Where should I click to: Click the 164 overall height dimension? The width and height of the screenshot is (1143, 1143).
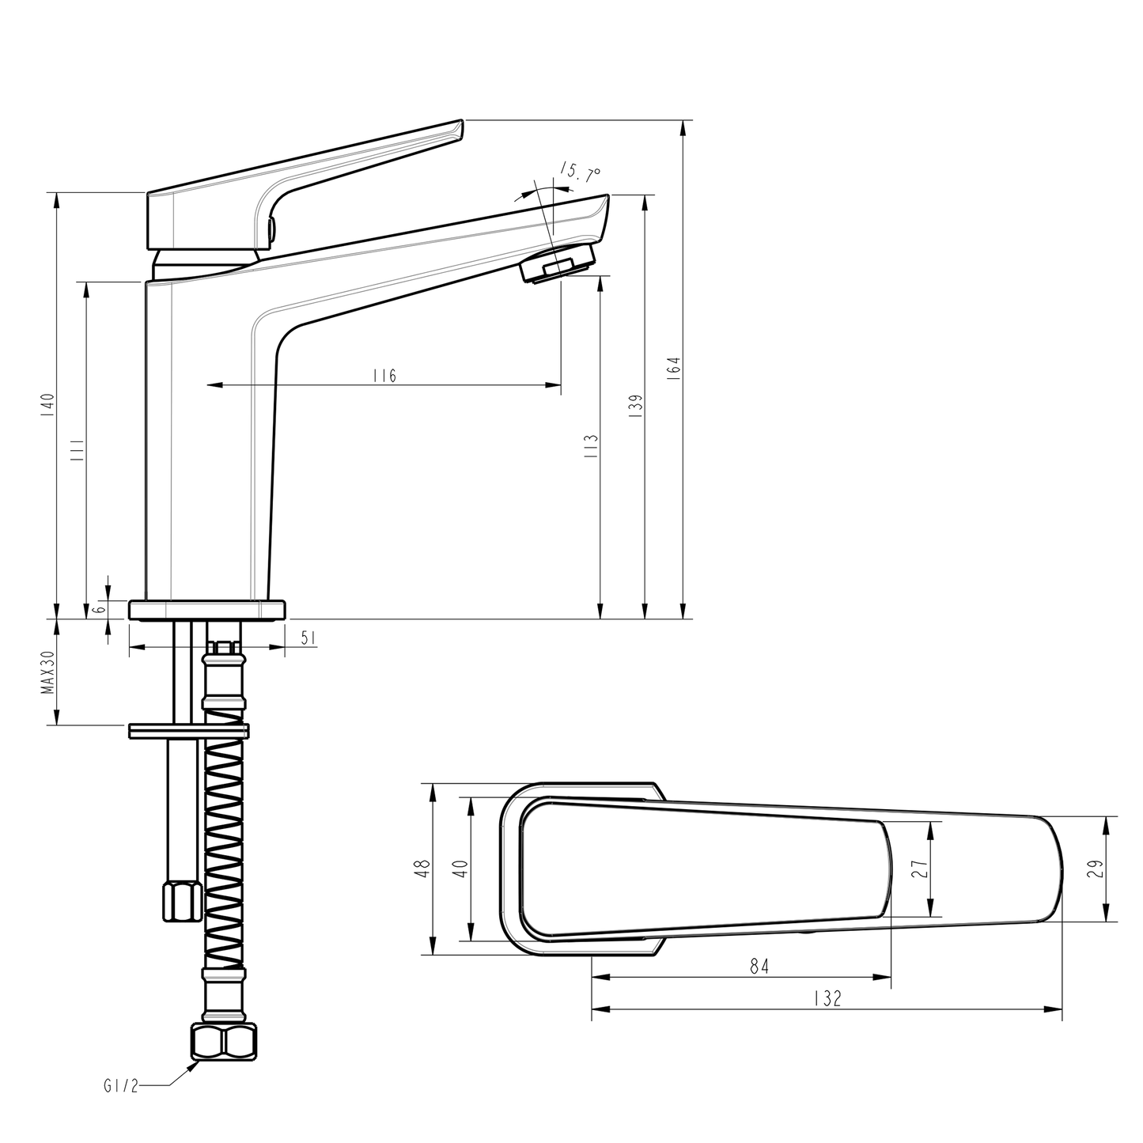click(x=674, y=369)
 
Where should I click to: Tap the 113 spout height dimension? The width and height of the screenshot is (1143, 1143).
click(x=592, y=447)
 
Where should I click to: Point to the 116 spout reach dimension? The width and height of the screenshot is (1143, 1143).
click(x=384, y=376)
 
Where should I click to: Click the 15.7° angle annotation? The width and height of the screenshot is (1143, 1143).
click(x=580, y=172)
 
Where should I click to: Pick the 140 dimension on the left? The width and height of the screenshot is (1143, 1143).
click(x=48, y=404)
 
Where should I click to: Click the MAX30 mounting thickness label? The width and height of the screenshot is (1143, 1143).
click(x=48, y=672)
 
